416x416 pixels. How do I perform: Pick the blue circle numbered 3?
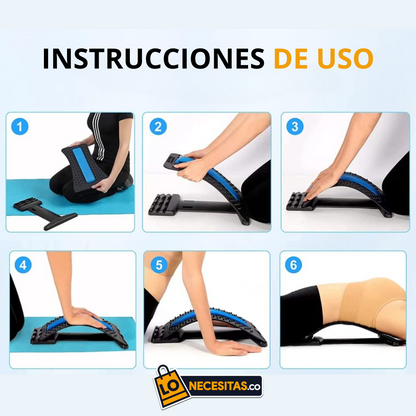pos(296,128)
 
